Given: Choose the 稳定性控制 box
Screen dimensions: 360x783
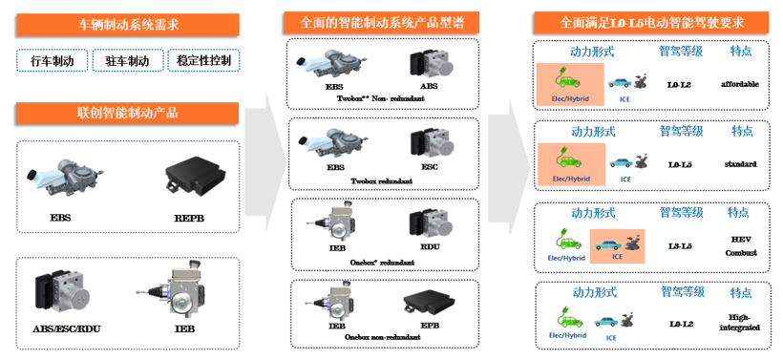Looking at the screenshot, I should point(202,61).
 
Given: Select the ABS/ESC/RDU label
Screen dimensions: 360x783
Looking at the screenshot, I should point(67,329).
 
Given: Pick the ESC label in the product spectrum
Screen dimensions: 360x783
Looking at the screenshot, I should point(430,167).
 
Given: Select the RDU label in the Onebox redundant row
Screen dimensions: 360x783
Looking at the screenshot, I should point(430,246).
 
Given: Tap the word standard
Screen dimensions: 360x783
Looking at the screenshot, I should point(740,164).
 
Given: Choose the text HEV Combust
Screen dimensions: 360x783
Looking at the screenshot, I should point(740,245).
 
